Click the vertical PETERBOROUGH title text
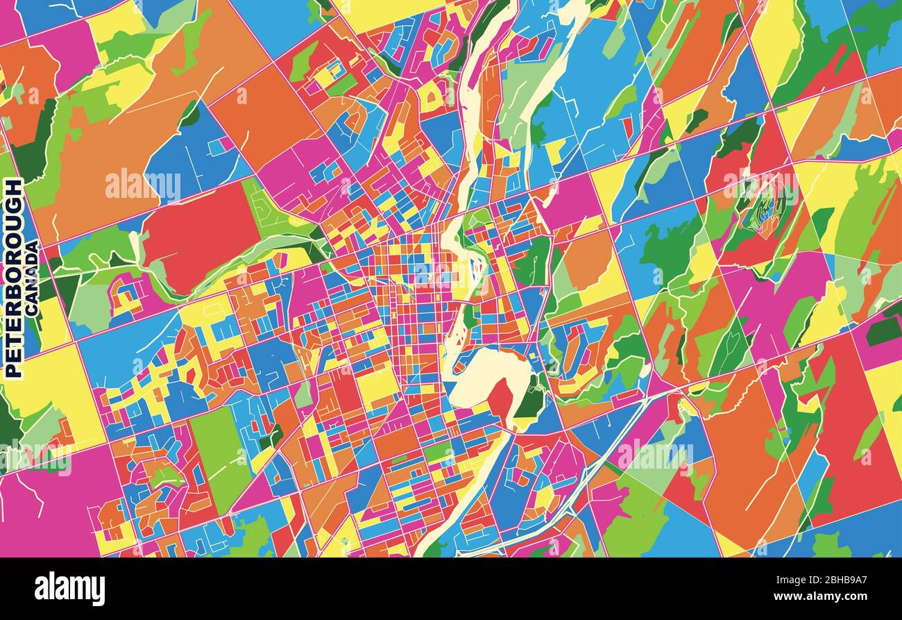tap(13, 278)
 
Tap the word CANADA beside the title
tap(32, 278)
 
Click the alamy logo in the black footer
tap(69, 589)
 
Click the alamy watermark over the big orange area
tap(142, 185)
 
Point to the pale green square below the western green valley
tap(90, 305)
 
